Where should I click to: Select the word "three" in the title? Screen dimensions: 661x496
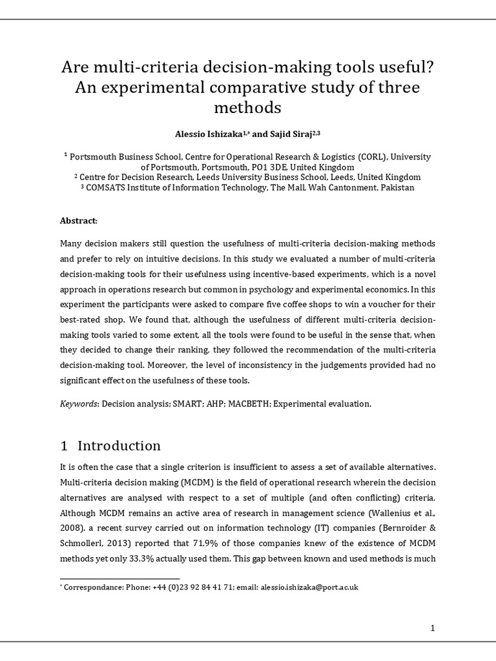click(397, 86)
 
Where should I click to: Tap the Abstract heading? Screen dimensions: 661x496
click(79, 221)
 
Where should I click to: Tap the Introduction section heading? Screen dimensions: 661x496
click(119, 446)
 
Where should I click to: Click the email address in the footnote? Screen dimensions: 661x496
click(309, 587)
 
